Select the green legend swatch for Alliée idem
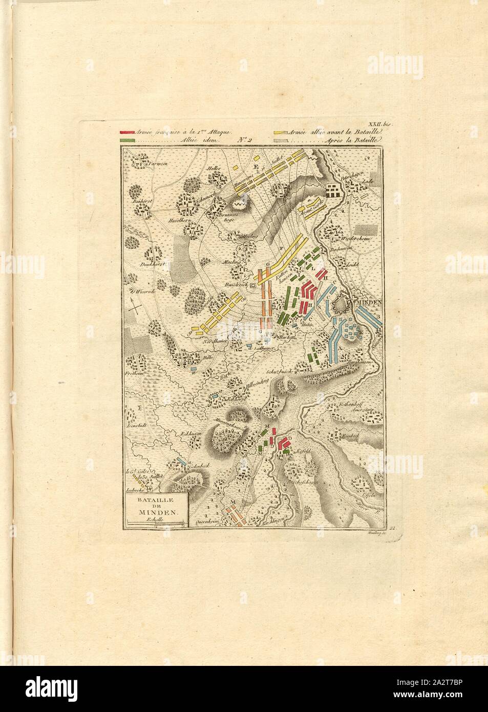click(126, 140)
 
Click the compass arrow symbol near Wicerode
click(136, 307)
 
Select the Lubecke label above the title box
click(134, 489)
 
